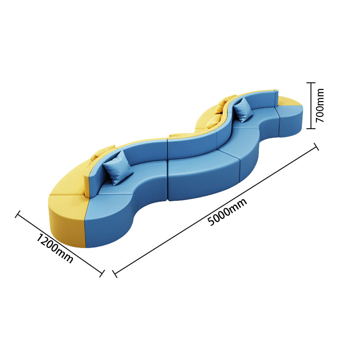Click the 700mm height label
tap(319, 105)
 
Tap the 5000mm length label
tap(227, 212)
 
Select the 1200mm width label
tap(55, 248)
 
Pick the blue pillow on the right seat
tap(243, 110)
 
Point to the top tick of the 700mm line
tap(311, 83)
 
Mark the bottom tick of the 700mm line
tap(311, 129)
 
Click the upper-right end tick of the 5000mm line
tap(316, 147)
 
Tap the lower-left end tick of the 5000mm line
tap(115, 274)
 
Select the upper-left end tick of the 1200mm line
tap(18, 214)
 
